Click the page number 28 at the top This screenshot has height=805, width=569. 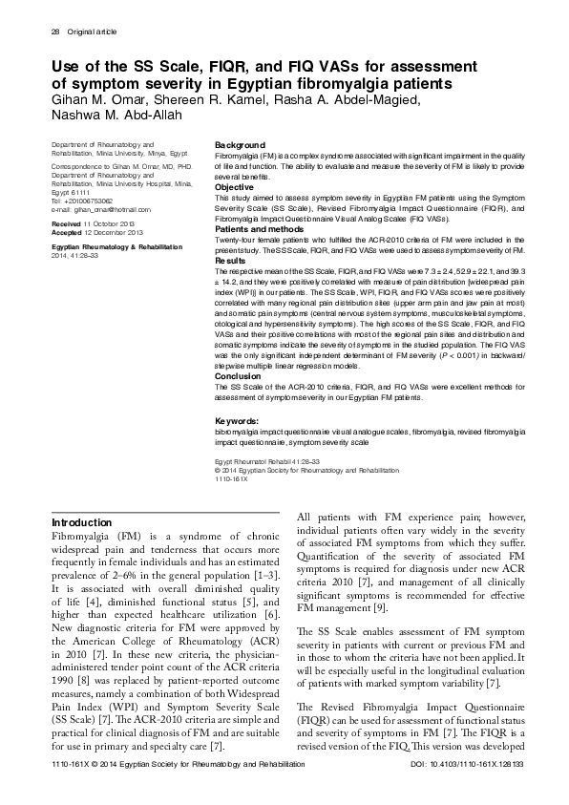point(53,32)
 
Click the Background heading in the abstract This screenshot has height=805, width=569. point(240,143)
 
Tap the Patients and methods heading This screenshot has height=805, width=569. point(255,230)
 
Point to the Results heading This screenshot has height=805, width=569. point(231,260)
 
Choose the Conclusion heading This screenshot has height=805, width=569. point(237,376)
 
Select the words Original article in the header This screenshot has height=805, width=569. point(93,32)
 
